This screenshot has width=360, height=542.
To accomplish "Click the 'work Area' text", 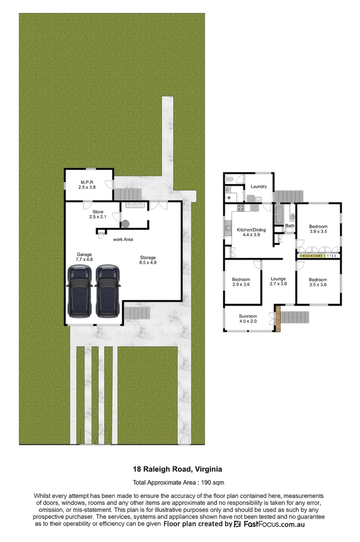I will [123, 239].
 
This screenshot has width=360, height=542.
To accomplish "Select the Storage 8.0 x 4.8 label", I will [148, 260].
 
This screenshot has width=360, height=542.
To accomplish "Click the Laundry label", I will [259, 187].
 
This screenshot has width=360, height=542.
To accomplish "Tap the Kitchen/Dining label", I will [251, 232].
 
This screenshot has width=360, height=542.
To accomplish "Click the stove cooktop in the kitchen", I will [240, 207].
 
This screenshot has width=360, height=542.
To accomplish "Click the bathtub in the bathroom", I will [279, 215].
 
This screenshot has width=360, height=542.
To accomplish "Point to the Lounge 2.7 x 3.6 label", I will [278, 282].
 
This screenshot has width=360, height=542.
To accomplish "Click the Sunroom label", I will [248, 319].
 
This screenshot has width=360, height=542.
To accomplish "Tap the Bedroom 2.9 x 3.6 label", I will [241, 282].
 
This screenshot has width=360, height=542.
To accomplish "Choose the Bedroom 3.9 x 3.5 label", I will [318, 229].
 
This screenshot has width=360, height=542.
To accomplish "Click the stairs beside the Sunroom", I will [294, 318].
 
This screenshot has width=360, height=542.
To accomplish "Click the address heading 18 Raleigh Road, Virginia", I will [177, 470].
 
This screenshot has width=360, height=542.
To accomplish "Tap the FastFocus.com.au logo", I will [268, 524].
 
